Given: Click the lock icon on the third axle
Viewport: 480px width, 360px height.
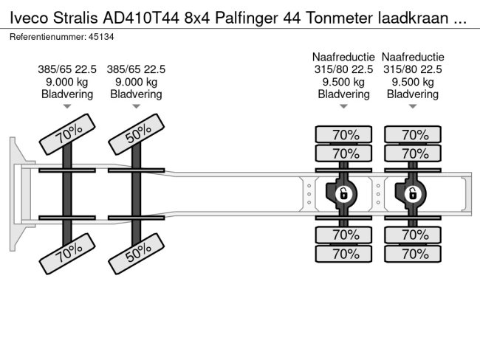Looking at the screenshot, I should tap(343, 194).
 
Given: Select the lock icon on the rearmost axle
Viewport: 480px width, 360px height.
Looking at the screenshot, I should tap(412, 194).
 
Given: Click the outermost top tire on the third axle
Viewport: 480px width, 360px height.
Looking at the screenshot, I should tap(343, 135).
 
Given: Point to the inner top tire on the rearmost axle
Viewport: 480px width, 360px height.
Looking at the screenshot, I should tap(412, 154).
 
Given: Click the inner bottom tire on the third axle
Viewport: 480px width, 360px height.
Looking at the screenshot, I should tap(343, 235).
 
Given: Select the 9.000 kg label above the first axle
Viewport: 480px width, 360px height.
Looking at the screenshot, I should tap(67, 82).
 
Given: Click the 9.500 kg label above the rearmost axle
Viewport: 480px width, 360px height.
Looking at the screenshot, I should tap(412, 82).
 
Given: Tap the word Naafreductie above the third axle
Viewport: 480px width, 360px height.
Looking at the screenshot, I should tap(343, 57).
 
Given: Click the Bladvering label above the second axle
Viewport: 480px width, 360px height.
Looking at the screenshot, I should tap(136, 94).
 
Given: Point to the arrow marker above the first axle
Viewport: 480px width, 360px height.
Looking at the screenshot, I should tap(67, 107).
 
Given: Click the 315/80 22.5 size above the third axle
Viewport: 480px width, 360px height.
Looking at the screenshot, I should tap(343, 69).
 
